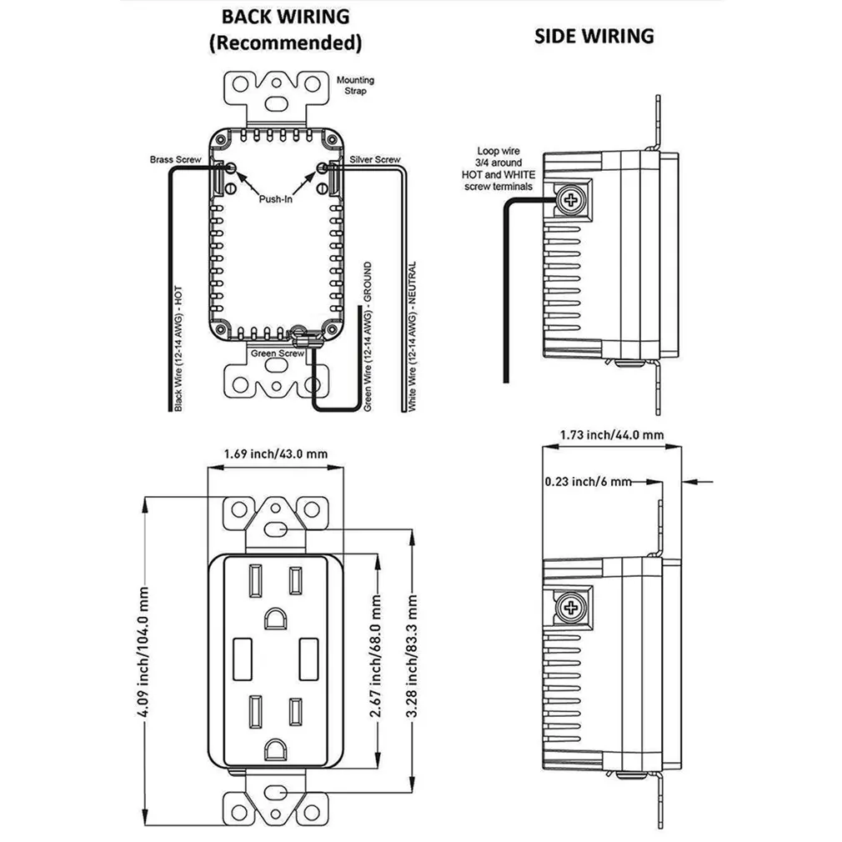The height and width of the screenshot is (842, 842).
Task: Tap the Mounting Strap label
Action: [x=355, y=85]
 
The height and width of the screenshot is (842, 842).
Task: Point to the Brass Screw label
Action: [x=172, y=159]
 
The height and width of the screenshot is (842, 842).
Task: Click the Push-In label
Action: [x=274, y=200]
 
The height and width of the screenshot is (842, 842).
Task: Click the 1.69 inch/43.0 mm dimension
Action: [x=275, y=454]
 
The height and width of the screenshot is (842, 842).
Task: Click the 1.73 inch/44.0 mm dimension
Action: [x=612, y=434]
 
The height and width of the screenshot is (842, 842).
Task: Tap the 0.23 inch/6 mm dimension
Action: [x=588, y=481]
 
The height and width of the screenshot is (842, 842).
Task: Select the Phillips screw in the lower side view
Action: [x=572, y=606]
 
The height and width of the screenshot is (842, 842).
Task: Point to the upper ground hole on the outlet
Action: [x=274, y=618]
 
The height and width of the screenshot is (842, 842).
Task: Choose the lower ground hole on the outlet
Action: [x=274, y=750]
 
